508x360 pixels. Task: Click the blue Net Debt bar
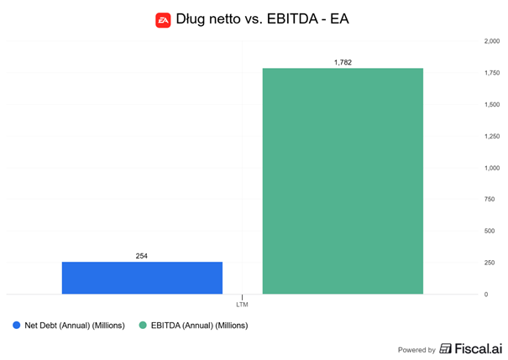(x=142, y=278)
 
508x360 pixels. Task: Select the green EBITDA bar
(x=343, y=181)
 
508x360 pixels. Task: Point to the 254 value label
(x=142, y=256)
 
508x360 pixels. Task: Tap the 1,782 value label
(x=343, y=62)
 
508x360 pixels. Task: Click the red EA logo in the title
(x=163, y=19)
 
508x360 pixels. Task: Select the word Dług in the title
(x=193, y=19)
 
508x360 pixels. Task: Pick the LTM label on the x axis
(x=242, y=304)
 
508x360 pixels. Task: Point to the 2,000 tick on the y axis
(x=491, y=41)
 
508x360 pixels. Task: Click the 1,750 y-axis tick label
(x=491, y=73)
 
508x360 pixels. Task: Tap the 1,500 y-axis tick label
(x=491, y=104)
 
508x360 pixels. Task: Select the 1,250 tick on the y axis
(x=491, y=136)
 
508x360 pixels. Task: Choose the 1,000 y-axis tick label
(x=491, y=168)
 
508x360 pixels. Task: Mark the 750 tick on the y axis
(x=489, y=199)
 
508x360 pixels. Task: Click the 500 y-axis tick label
(x=489, y=231)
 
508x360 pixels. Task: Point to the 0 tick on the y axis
(x=485, y=294)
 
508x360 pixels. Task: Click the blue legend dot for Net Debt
(x=16, y=325)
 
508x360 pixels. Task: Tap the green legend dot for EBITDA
(x=143, y=325)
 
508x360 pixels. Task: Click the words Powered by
(x=416, y=350)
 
